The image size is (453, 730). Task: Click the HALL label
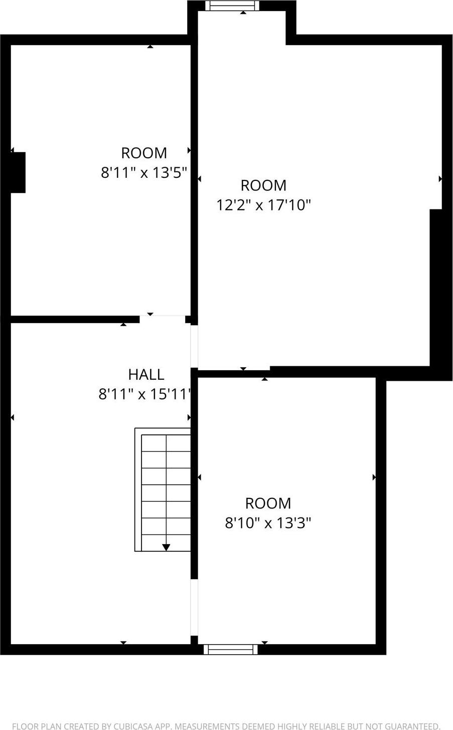pos(146,374)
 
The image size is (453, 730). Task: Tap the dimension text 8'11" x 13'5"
pos(144,173)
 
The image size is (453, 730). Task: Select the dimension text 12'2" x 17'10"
pos(263,205)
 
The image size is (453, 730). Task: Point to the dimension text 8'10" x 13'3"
pos(268,523)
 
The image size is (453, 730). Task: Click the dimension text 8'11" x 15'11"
pos(145,394)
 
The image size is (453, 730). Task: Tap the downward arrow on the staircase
pos(166,547)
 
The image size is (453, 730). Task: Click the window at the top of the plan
pos(232,6)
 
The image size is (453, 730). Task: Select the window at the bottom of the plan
pos(231,649)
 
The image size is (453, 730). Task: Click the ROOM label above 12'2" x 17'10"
pos(263,185)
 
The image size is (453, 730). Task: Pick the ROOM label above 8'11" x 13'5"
pos(144,153)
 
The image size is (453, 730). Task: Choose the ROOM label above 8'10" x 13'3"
pos(268,503)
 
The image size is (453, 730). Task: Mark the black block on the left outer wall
pos(18,172)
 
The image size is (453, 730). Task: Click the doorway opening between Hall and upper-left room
pos(162,319)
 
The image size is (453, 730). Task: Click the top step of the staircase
pos(166,444)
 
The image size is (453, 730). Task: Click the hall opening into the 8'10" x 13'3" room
pos(194,608)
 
